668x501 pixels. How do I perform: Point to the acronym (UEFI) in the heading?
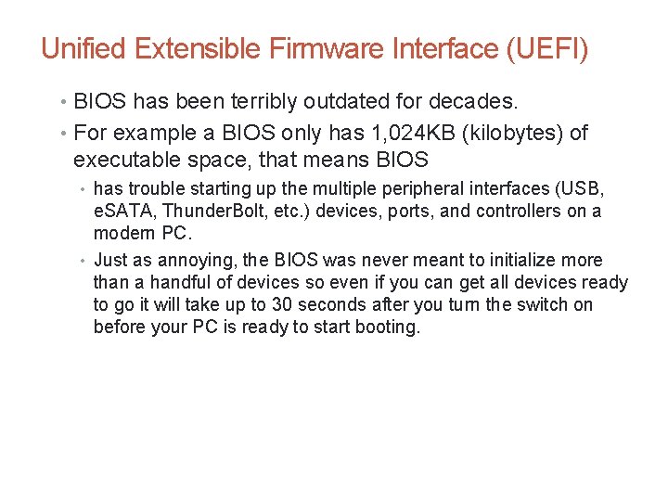(544, 48)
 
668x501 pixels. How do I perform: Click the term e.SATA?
(124, 211)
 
